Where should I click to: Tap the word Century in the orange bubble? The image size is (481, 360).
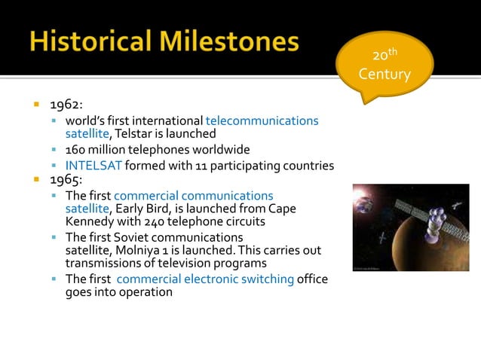click(x=384, y=75)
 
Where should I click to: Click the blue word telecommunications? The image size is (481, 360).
click(x=262, y=121)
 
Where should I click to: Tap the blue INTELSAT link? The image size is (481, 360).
click(x=93, y=166)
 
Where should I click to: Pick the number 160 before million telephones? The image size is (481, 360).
click(x=77, y=149)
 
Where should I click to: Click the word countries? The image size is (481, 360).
click(x=306, y=166)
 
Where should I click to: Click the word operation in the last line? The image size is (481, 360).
click(x=146, y=291)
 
